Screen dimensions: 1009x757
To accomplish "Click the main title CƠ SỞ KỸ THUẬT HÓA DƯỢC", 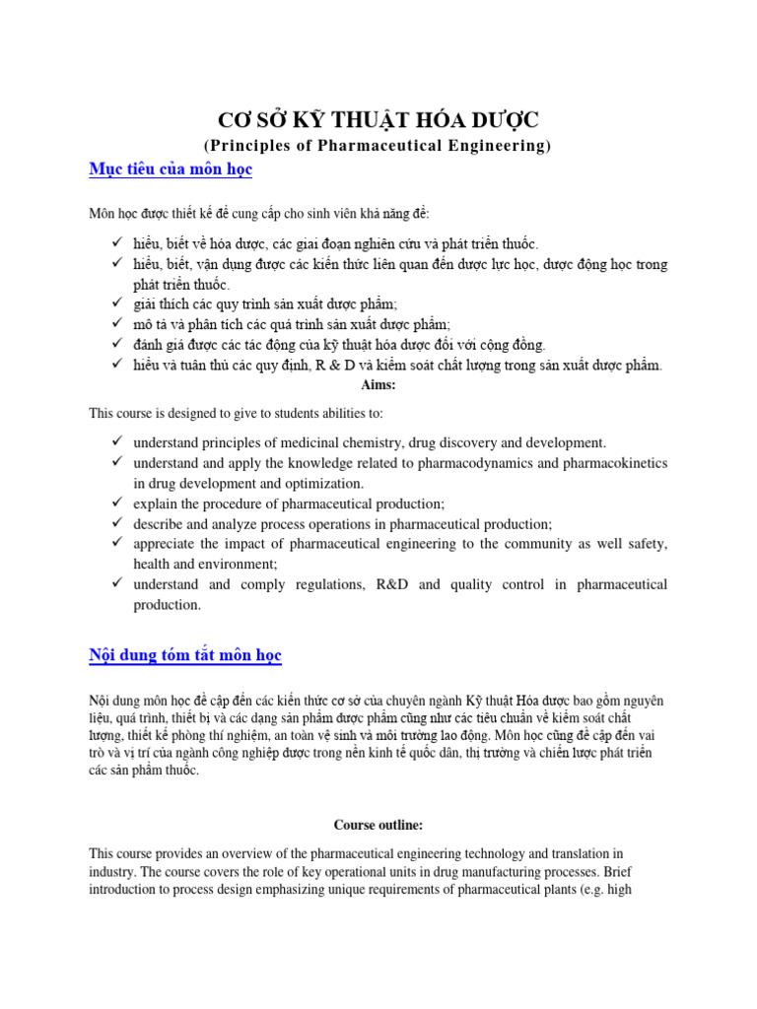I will click(x=378, y=120).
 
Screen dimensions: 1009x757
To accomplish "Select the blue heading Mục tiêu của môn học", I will click(x=171, y=170).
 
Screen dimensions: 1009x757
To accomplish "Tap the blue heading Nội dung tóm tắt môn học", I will click(x=185, y=654).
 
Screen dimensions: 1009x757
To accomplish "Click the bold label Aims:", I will click(x=378, y=385).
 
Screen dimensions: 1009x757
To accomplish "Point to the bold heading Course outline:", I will click(x=378, y=824).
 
